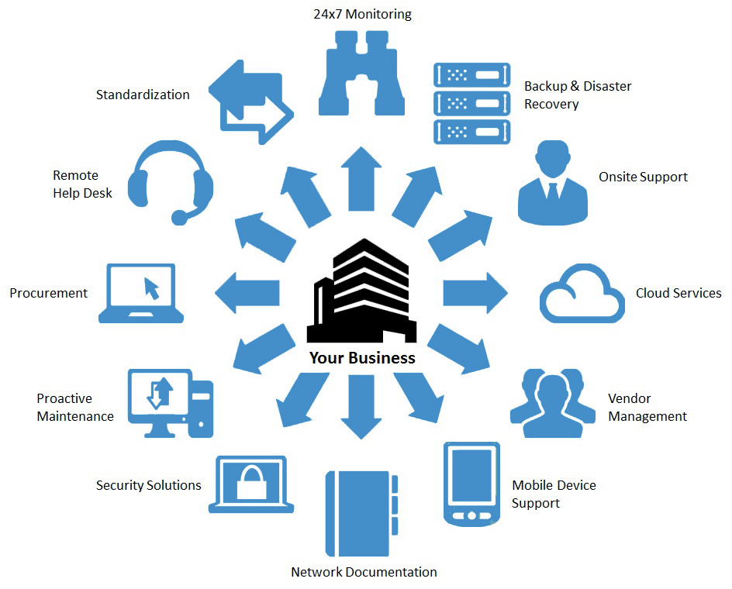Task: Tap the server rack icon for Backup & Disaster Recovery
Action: [472, 104]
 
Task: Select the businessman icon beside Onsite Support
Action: [552, 181]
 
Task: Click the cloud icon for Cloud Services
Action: [582, 294]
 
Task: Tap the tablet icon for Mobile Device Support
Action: [471, 484]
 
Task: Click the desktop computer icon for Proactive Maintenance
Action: [170, 402]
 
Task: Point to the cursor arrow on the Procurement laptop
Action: [150, 288]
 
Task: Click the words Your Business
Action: [362, 358]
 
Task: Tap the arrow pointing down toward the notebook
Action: [361, 406]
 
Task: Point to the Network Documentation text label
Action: [364, 572]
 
